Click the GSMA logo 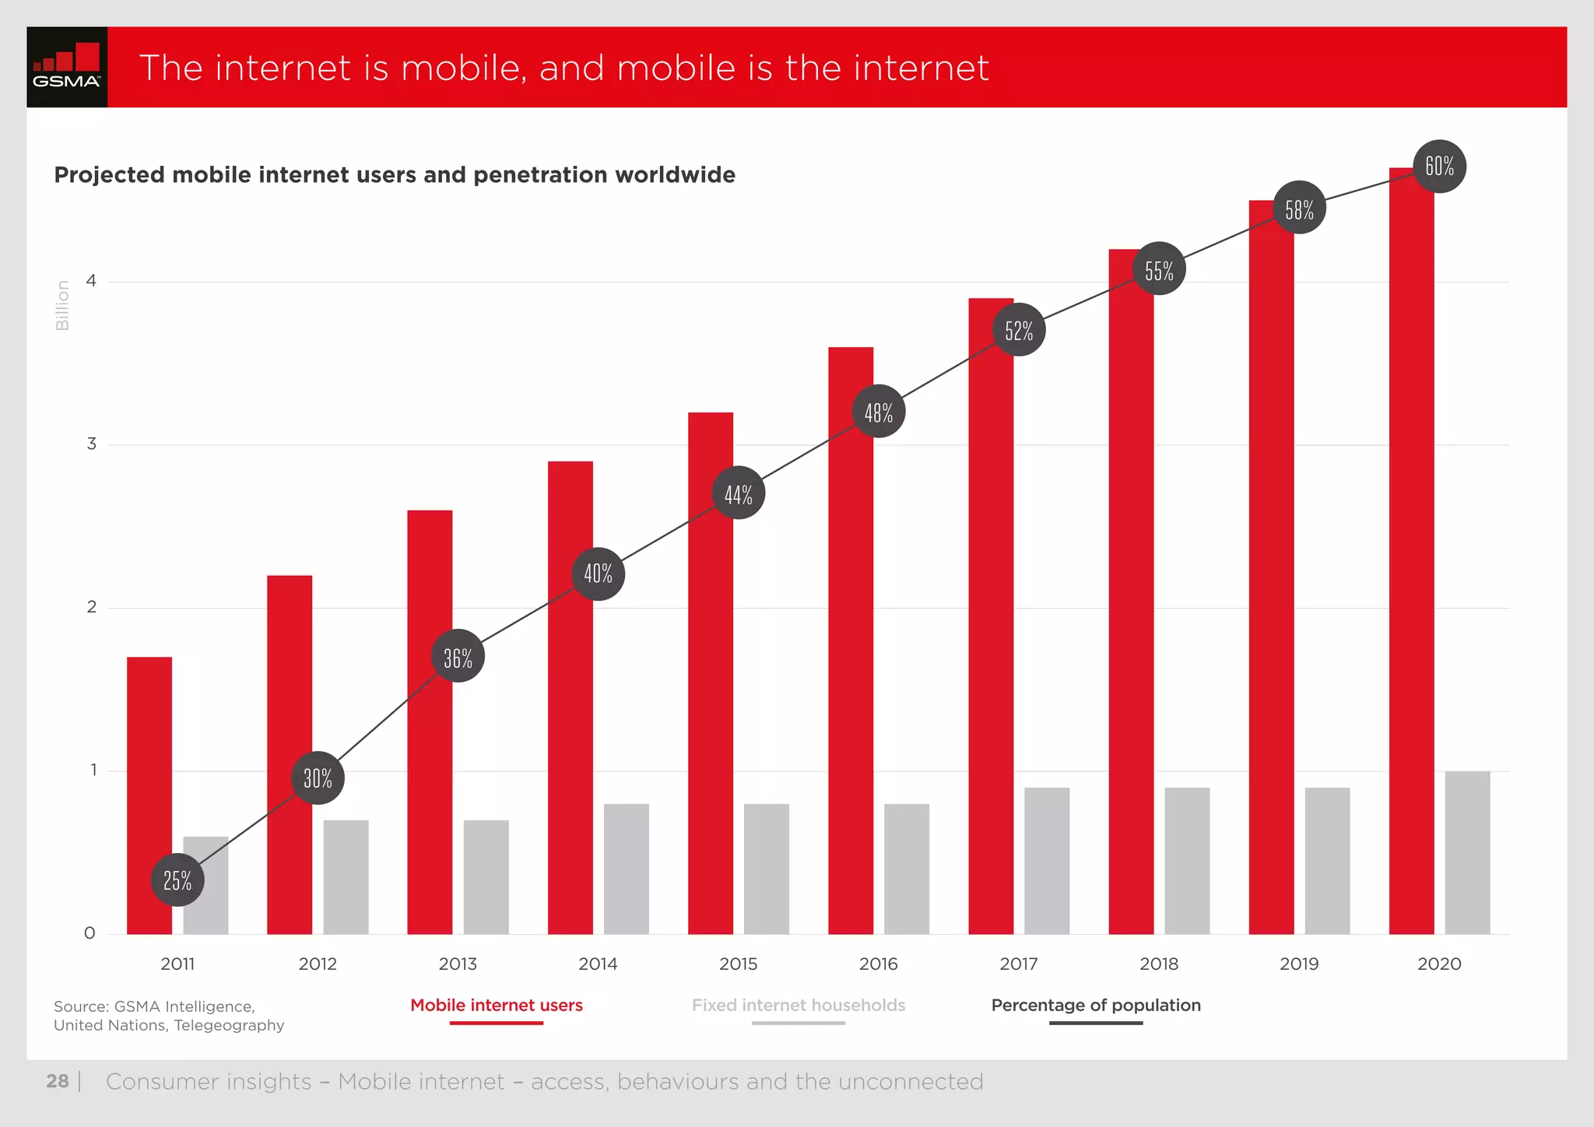coord(67,67)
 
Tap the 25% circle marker coord(177,880)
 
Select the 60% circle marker coord(1439,167)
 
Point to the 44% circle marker coord(738,493)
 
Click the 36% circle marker coord(458,656)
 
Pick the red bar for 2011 coord(149,794)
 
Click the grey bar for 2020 coord(1467,852)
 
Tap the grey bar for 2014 coord(626,869)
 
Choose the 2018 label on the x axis coord(1159,964)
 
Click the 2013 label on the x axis coord(458,964)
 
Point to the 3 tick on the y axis coord(92,444)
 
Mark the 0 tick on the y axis coord(90,933)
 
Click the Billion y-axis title coord(63,306)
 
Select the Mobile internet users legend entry coord(497,1006)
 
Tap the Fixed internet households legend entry coord(799,1006)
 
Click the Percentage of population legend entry coord(1096,1006)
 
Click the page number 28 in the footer coord(58,1082)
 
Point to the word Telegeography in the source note coord(229,1026)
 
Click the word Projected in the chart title coord(110,175)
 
